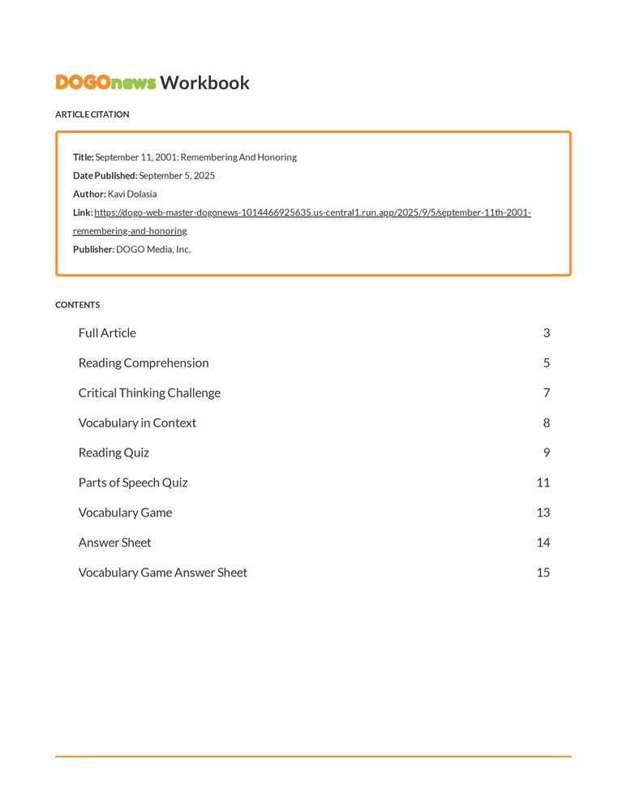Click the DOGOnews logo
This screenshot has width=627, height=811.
(105, 83)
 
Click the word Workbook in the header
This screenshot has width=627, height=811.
(204, 83)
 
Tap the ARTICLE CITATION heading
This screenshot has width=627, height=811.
(92, 114)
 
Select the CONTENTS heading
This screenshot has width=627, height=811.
(77, 305)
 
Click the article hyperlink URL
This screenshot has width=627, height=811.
(312, 213)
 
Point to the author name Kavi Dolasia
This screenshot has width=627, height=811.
(132, 195)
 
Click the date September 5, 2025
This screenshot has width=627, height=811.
(177, 176)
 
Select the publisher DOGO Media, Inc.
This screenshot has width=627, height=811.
(153, 250)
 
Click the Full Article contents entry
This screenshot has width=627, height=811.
(107, 333)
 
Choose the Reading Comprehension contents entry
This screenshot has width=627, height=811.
(144, 363)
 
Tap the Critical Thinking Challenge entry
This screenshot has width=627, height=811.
(149, 393)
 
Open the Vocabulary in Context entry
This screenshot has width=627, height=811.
(137, 423)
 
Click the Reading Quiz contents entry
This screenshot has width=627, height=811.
(114, 453)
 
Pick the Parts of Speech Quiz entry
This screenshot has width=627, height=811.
(133, 483)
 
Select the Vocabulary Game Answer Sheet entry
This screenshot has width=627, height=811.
(163, 573)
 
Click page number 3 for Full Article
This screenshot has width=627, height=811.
(547, 333)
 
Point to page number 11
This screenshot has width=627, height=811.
(543, 483)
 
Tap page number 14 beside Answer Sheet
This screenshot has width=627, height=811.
(543, 543)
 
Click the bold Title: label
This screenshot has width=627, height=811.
(84, 157)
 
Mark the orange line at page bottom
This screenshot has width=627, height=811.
(313, 757)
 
